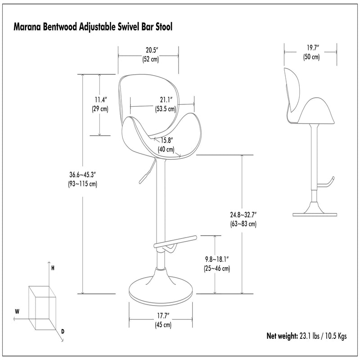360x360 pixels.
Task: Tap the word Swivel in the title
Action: [x=128, y=27]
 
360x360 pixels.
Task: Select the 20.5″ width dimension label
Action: [x=152, y=50]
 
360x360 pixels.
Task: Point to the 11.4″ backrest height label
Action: [x=101, y=100]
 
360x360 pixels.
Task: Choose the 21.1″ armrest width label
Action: [x=166, y=100]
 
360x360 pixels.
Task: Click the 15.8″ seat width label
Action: [x=166, y=140]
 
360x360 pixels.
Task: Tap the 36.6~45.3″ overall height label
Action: [x=82, y=175]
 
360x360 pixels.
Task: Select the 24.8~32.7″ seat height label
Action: [x=243, y=215]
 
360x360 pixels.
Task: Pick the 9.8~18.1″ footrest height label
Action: [x=217, y=260]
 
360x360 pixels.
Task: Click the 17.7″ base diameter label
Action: [x=163, y=316]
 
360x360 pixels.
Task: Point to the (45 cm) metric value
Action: [x=163, y=325]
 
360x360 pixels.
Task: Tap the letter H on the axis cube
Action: [x=53, y=268]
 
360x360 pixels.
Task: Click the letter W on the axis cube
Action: [x=17, y=311]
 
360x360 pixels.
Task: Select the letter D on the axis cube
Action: [x=63, y=331]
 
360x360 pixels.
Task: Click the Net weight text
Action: [x=282, y=336]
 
